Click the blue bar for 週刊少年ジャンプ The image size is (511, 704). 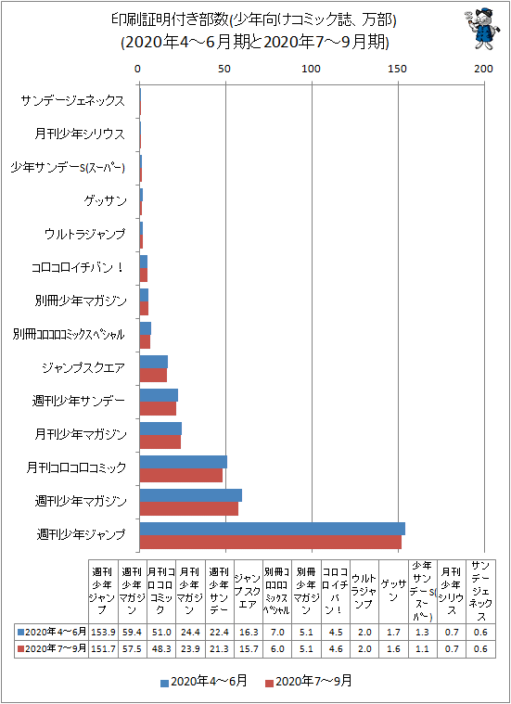pyautogui.click(x=272, y=529)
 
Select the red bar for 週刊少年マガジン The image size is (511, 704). pyautogui.click(x=188, y=508)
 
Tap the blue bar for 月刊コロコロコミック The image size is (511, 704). pyautogui.click(x=184, y=462)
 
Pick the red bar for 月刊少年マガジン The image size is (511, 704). pyautogui.click(x=160, y=442)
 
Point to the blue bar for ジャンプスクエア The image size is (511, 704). pyautogui.click(x=154, y=362)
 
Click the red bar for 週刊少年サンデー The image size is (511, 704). pyautogui.click(x=158, y=408)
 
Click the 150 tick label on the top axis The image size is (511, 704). pyautogui.click(x=398, y=69)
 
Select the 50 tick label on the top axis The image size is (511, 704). pyautogui.click(x=224, y=69)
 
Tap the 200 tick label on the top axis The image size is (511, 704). pyautogui.click(x=483, y=69)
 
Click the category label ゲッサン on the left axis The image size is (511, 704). pyautogui.click(x=106, y=200)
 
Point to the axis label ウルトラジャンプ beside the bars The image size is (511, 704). pyautogui.click(x=85, y=234)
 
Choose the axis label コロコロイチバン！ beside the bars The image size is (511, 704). pyautogui.click(x=78, y=267)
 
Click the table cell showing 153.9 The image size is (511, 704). pyautogui.click(x=103, y=632)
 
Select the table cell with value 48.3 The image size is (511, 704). pyautogui.click(x=161, y=648)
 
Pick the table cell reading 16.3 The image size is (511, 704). pyautogui.click(x=248, y=632)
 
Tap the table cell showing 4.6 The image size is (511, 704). pyautogui.click(x=335, y=648)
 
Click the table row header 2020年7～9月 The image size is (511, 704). pyautogui.click(x=52, y=648)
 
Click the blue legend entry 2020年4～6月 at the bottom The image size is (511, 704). pyautogui.click(x=204, y=682)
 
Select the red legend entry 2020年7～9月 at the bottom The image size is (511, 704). pyautogui.click(x=309, y=682)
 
